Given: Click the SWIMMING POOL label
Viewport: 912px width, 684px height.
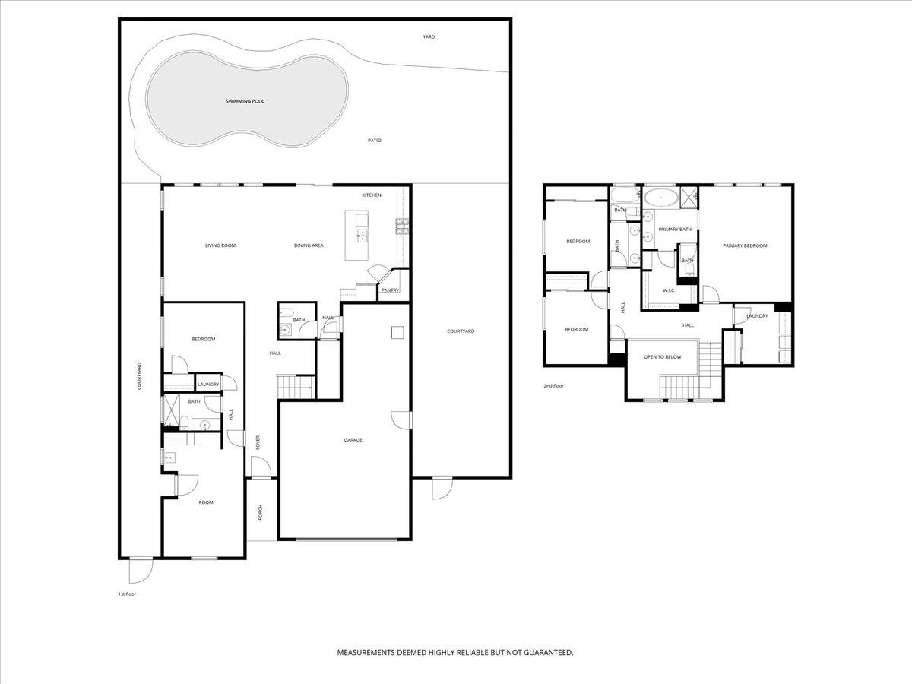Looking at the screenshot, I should coord(245,101).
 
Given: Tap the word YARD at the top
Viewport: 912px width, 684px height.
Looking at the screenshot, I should coord(429,36).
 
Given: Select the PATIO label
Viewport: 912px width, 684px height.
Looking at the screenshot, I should coord(375,141).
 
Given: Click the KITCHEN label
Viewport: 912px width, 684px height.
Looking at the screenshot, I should coord(372,196).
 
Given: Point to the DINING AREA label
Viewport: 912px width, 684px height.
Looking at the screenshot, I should coord(309,245).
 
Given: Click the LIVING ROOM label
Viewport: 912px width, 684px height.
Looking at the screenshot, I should coord(220,245).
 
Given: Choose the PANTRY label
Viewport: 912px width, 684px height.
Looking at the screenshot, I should coord(391,290).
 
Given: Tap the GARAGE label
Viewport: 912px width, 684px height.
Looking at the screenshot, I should coord(353,440).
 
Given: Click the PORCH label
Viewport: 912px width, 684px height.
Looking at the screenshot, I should coord(260,513).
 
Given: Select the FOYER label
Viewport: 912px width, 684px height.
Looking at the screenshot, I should coord(258,442).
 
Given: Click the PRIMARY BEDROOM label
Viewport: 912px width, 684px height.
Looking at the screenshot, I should coord(745,245).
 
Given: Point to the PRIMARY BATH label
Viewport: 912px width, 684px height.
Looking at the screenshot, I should coord(675,230).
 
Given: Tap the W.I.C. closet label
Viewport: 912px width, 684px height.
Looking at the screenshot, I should coord(669,290).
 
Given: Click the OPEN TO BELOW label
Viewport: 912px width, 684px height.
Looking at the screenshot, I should coord(663,356).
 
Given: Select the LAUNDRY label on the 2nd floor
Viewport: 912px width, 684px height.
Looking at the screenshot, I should coord(757,316).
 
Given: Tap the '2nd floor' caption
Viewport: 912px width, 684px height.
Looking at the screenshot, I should coord(553,386).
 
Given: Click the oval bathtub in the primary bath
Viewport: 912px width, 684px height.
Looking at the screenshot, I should coord(660,198).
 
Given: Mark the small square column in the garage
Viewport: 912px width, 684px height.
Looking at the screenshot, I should coord(397,331).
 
